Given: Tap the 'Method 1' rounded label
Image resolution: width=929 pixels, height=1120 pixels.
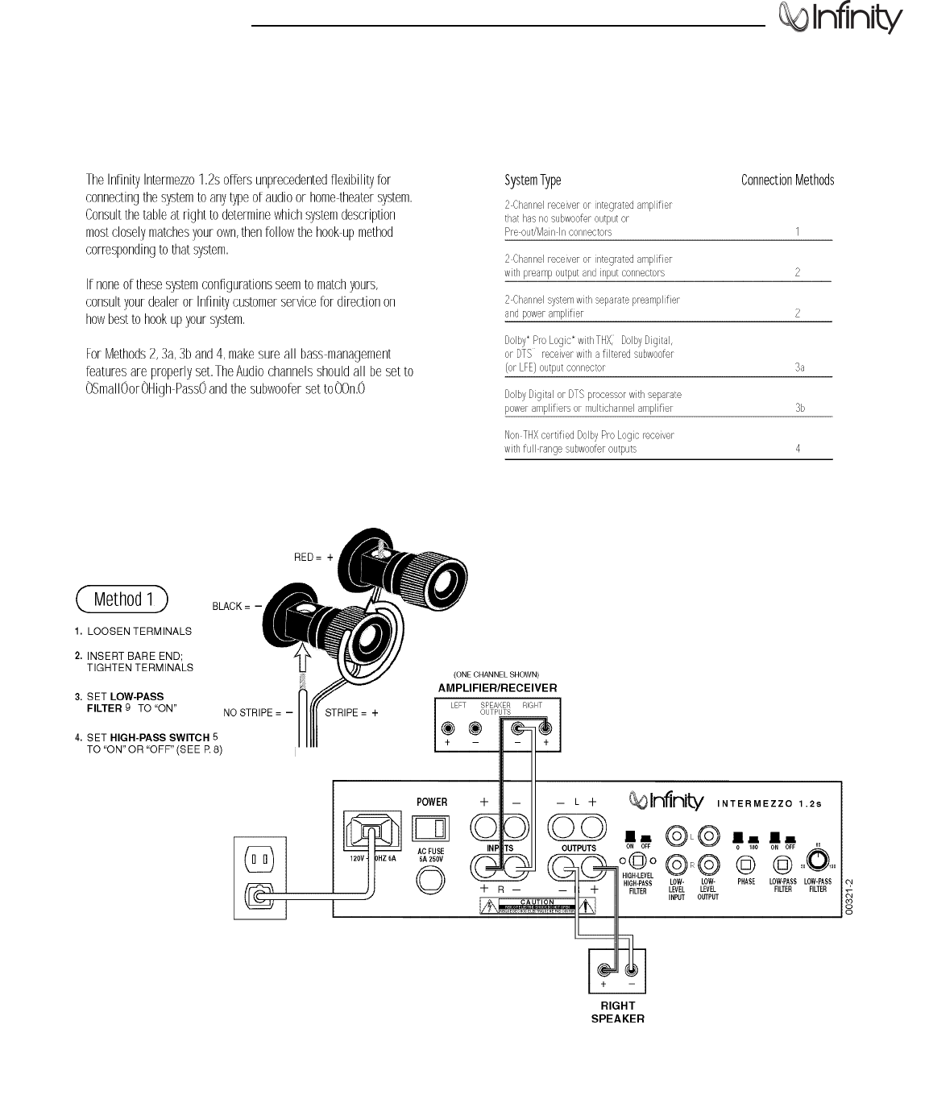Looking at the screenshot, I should (x=122, y=599).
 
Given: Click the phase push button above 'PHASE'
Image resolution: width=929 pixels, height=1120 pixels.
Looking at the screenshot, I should (x=746, y=864).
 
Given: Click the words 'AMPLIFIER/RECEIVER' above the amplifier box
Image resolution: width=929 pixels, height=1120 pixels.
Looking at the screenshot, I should (x=497, y=688).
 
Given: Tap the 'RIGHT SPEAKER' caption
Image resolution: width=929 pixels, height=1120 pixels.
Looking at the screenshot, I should (x=618, y=1012).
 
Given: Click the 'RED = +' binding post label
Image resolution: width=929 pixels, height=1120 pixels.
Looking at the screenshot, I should (x=313, y=558).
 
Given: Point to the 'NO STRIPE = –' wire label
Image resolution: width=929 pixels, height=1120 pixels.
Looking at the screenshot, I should (x=257, y=713).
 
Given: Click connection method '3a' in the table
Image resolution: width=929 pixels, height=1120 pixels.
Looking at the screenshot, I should (x=798, y=367).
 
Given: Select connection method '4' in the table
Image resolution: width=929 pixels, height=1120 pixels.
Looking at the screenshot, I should (x=798, y=449).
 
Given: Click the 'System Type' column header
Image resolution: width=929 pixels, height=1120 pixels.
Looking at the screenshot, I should (x=533, y=180).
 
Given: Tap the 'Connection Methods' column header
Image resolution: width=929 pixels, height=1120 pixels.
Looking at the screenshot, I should (x=787, y=180).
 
